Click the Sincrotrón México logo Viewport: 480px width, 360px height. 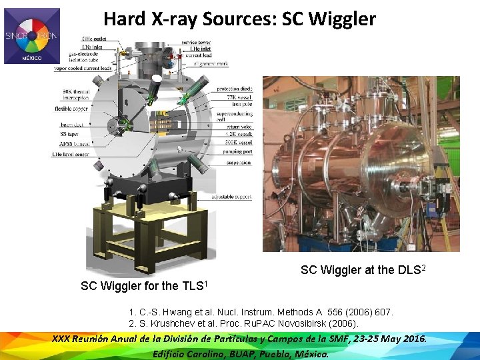(x=32, y=36)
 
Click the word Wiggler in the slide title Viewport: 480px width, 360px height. (x=341, y=19)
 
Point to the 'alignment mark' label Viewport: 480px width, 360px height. (x=209, y=63)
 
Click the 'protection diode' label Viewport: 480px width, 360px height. (x=233, y=89)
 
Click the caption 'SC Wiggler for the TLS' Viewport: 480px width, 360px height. (x=145, y=285)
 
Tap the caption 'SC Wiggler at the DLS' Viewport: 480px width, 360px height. (x=363, y=270)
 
